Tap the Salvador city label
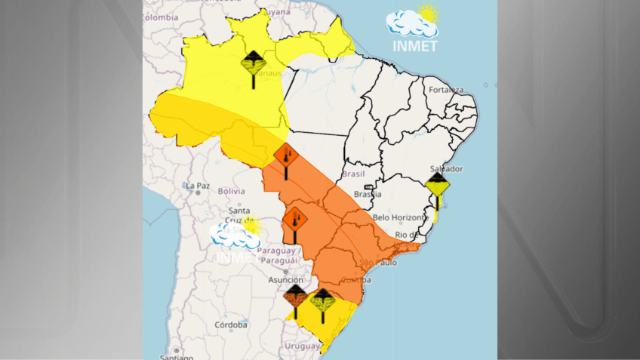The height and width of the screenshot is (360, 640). click(x=445, y=168)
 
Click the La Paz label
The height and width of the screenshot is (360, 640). click(x=198, y=185)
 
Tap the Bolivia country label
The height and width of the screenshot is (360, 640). click(x=232, y=191)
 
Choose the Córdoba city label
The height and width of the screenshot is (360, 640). click(x=230, y=325)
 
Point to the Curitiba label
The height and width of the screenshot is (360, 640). click(x=354, y=280)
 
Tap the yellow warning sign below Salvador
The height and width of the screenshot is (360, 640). click(x=437, y=186)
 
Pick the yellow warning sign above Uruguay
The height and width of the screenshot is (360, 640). click(x=322, y=302)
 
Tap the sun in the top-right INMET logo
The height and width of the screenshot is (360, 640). click(x=428, y=13)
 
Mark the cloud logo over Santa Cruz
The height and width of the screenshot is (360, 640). click(x=234, y=235)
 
